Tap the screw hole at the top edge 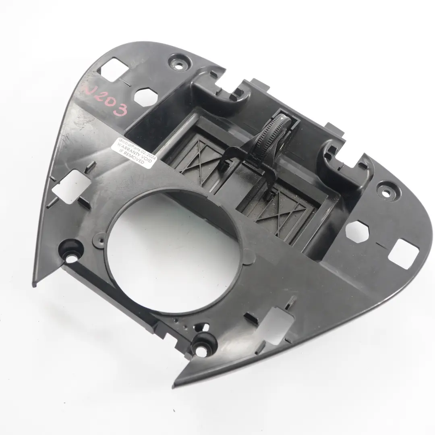(x=178, y=63)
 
